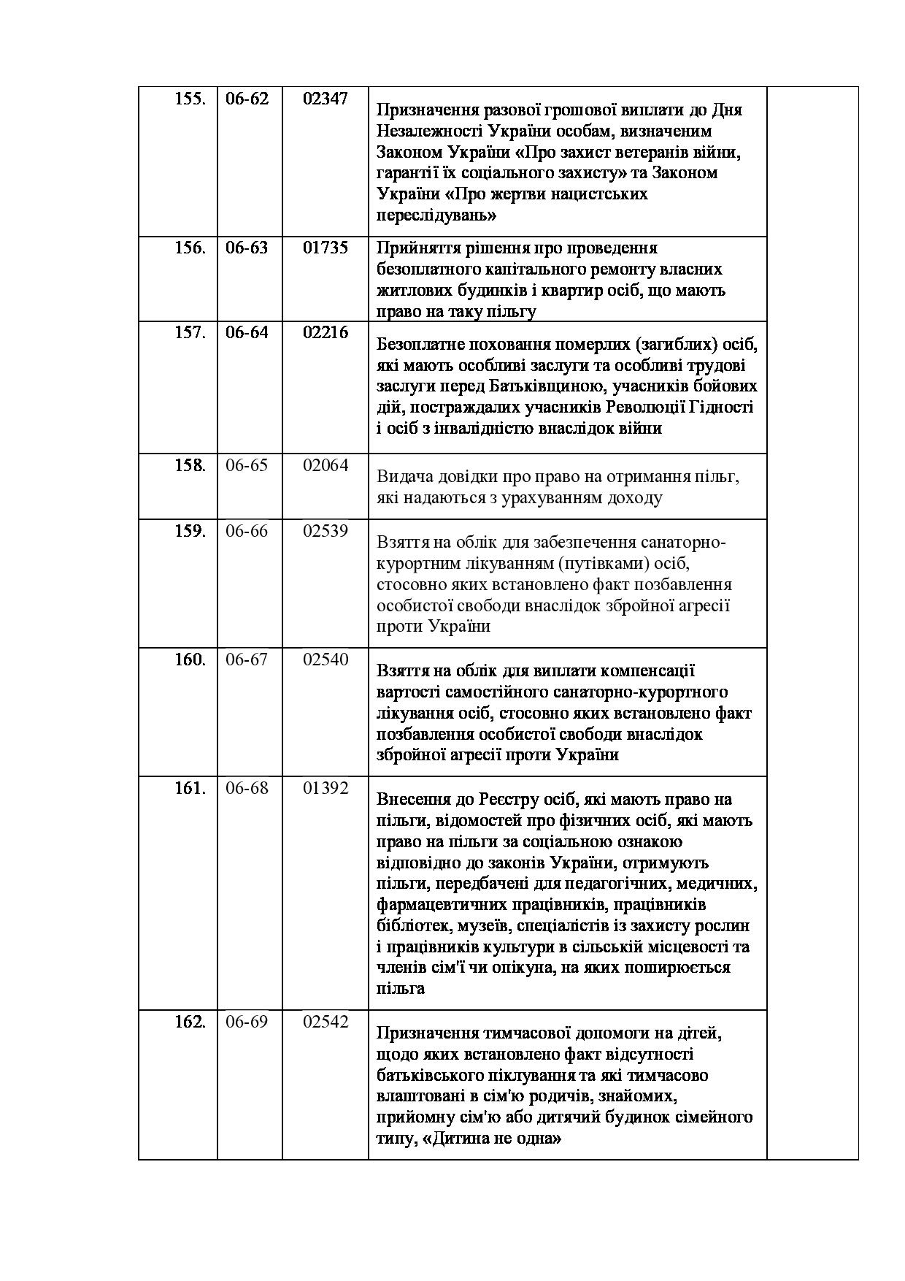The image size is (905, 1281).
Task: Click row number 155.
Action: pyautogui.click(x=190, y=99)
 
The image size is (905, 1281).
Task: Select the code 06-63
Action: pyautogui.click(x=247, y=248)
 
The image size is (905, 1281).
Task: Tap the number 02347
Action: pyautogui.click(x=326, y=99)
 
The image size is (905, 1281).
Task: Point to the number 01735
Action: pyautogui.click(x=326, y=248)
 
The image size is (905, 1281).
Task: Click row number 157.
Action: pyautogui.click(x=190, y=332)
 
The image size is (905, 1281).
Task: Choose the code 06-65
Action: pyautogui.click(x=247, y=465)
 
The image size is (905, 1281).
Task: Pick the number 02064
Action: pyautogui.click(x=326, y=465)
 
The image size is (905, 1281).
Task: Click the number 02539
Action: pyautogui.click(x=326, y=531)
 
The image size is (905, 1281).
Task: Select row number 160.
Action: pyautogui.click(x=190, y=659)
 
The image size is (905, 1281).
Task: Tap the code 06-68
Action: pyautogui.click(x=247, y=788)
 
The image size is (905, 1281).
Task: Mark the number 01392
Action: pyautogui.click(x=326, y=788)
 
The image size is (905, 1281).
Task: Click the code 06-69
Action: pyautogui.click(x=247, y=1022)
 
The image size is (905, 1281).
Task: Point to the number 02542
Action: pyautogui.click(x=326, y=1022)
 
